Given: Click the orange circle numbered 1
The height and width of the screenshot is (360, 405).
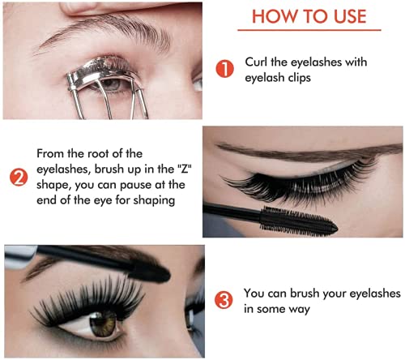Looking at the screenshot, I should [224, 70].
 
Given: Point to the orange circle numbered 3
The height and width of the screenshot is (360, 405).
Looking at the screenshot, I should [224, 302].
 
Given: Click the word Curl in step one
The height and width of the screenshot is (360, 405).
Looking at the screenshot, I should [258, 63].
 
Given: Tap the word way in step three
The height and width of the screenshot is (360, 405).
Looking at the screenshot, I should [301, 309].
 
